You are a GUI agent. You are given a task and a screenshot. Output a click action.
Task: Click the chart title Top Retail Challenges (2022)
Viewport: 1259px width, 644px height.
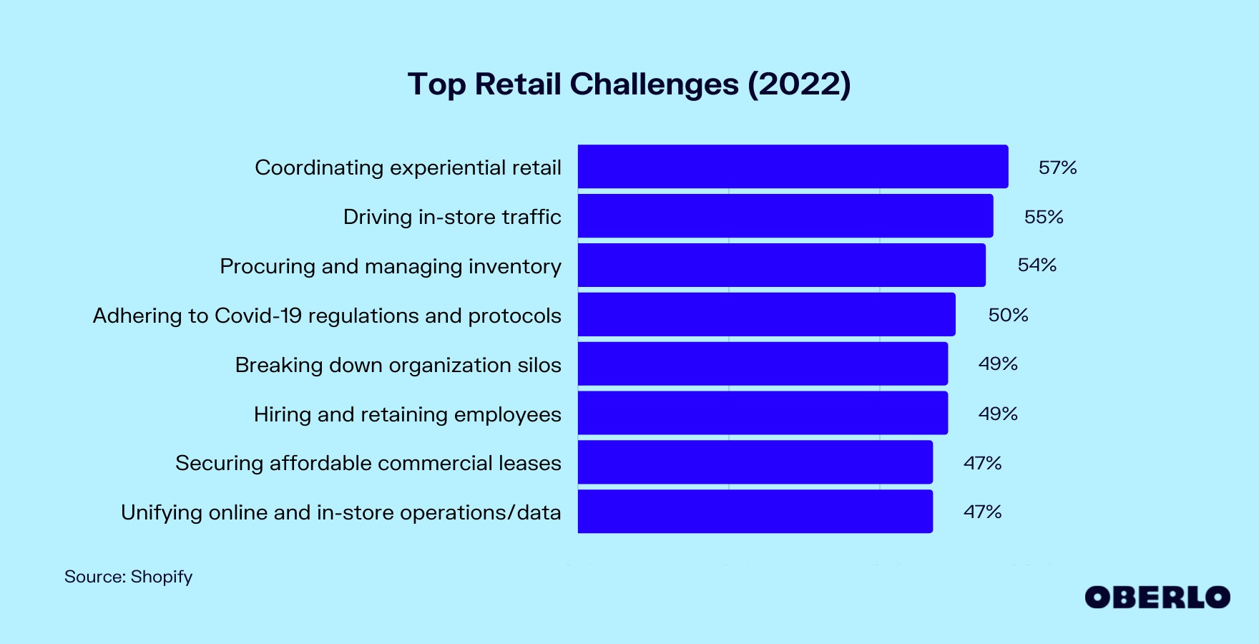tap(629, 84)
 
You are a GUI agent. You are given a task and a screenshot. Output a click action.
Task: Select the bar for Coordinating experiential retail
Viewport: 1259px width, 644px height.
tap(793, 167)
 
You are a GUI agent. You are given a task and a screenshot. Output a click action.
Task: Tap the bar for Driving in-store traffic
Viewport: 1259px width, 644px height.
tap(785, 216)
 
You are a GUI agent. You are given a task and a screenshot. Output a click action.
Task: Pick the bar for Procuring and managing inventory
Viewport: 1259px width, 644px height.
tap(781, 265)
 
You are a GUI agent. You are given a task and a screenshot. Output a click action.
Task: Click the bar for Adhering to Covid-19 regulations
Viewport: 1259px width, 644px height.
tap(766, 315)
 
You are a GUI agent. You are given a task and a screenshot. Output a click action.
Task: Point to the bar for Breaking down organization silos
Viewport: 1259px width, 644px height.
tap(763, 364)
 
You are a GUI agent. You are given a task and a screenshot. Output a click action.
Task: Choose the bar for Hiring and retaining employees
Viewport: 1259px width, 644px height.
tap(763, 414)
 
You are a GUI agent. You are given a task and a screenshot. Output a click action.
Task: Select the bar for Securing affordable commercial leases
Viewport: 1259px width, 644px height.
tap(755, 462)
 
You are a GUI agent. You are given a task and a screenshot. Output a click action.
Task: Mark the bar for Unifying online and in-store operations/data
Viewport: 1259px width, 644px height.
tap(755, 512)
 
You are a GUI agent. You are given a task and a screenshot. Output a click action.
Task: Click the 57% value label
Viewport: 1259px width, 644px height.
tap(1057, 167)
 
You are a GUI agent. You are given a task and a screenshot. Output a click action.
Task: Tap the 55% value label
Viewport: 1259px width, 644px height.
tap(1043, 217)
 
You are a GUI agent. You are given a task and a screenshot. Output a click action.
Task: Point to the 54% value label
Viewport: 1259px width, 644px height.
tap(1037, 265)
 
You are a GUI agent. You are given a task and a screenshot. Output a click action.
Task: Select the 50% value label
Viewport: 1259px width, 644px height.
tap(1008, 315)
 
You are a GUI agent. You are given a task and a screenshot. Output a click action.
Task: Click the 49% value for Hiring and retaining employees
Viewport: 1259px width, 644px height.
tap(998, 414)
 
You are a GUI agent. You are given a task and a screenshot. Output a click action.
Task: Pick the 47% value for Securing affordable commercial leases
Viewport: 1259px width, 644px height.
tap(982, 463)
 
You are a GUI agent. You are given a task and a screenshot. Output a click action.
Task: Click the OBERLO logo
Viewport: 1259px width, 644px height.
tap(1157, 597)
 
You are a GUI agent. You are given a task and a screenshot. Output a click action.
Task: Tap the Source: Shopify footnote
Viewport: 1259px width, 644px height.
tap(129, 577)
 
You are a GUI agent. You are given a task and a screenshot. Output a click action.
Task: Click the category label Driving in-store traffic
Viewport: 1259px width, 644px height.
tap(452, 217)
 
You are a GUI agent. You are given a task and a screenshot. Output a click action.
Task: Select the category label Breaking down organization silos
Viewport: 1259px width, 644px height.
tap(398, 365)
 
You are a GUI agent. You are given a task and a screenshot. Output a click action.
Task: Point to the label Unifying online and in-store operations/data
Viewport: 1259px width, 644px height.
tap(341, 512)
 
